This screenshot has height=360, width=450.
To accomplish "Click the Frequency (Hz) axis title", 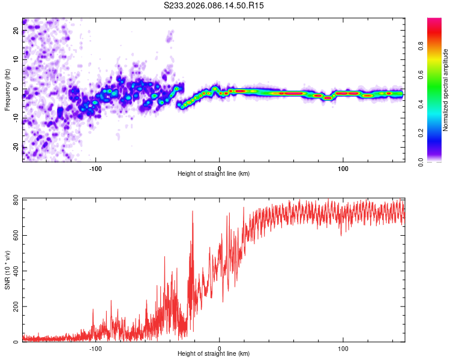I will pos(7,90).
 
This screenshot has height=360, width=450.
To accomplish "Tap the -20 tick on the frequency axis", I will pos(16,146).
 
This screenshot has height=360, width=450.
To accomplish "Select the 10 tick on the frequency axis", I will pos(16,59).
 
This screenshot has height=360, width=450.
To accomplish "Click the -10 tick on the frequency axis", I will pos(16,118).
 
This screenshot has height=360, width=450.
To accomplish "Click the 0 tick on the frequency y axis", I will pos(16,89).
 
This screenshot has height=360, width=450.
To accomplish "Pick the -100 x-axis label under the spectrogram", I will pos(95,167).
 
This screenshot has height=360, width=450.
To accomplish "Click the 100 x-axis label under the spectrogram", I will pos(343,167).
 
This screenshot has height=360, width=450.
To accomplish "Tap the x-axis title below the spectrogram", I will pos(214,174).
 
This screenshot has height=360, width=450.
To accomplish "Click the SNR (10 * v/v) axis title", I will pos(7,270).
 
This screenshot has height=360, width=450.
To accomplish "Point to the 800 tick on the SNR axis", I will pos(16,200).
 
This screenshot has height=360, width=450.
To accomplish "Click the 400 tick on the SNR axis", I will pos(16,271).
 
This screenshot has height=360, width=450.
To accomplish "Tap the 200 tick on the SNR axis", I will pos(16,307).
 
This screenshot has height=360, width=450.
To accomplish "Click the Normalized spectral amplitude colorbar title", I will pos(446,90).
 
